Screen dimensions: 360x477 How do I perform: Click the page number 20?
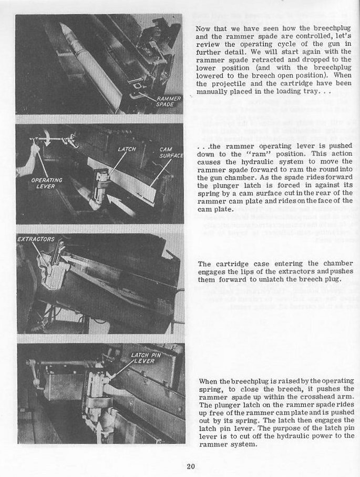pyautogui.click(x=191, y=466)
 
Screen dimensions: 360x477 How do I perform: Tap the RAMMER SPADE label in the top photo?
pyautogui.click(x=169, y=102)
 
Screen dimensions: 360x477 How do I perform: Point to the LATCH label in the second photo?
pyautogui.click(x=127, y=149)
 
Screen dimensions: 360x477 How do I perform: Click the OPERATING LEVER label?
pyautogui.click(x=47, y=183)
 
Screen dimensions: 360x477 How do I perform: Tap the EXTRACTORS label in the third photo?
pyautogui.click(x=36, y=239)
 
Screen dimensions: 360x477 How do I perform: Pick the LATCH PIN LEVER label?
pyautogui.click(x=146, y=358)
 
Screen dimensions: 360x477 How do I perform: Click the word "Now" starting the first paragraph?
pyautogui.click(x=203, y=28)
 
